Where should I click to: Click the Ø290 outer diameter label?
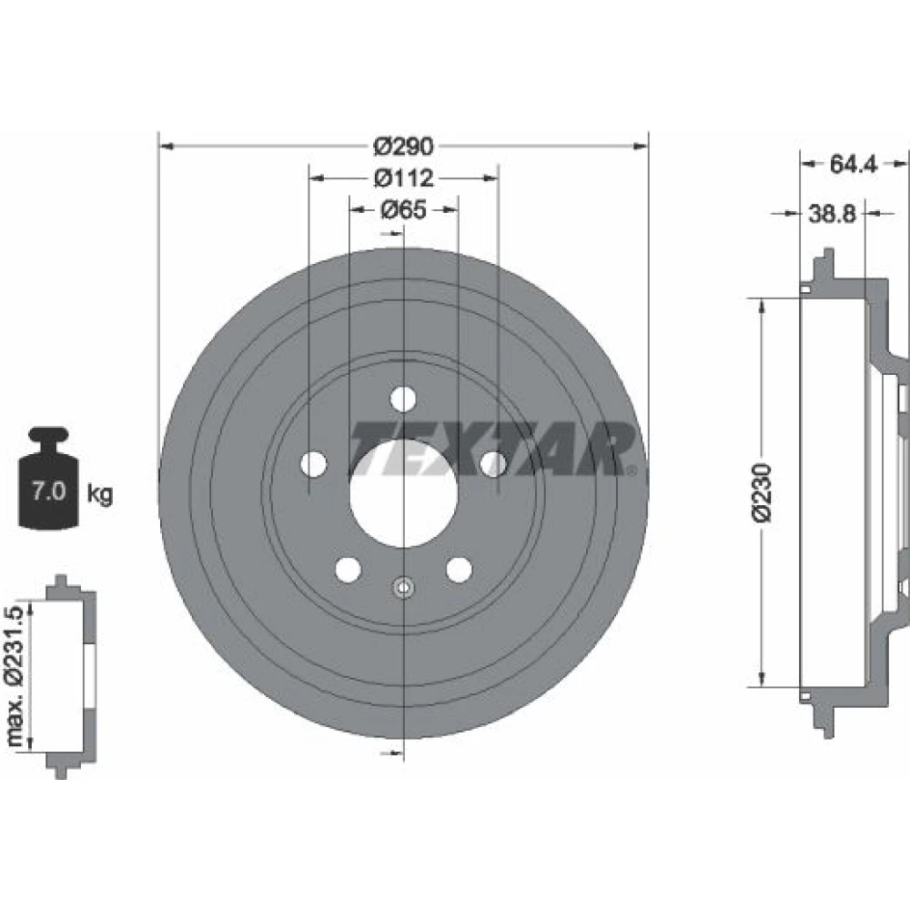[x=403, y=146]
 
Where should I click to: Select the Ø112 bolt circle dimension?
[x=403, y=177]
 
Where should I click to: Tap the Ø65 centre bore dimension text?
[x=403, y=209]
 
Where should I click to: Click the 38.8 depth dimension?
[x=833, y=214]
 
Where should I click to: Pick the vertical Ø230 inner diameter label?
[x=763, y=492]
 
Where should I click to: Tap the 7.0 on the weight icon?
[x=48, y=491]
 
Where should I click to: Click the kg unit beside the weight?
[x=100, y=494]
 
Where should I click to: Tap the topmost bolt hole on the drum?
[x=403, y=399]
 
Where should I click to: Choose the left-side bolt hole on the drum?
[x=314, y=464]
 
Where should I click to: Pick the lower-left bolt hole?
[x=349, y=569]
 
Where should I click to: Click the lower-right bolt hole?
[x=459, y=569]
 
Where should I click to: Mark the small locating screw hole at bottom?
[x=403, y=588]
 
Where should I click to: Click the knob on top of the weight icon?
[x=49, y=435]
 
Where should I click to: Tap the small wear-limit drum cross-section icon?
[x=71, y=676]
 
